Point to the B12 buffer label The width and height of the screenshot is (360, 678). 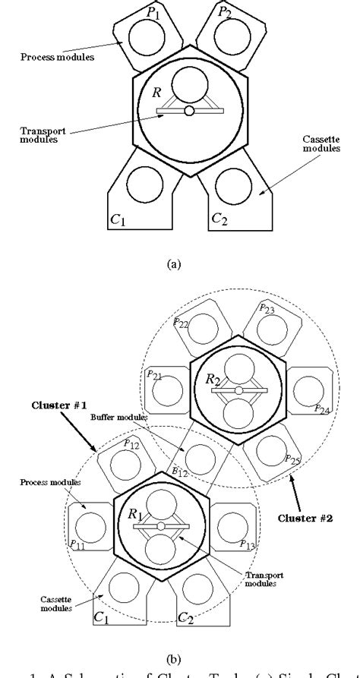point(179,471)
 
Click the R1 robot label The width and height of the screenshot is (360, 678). point(135,514)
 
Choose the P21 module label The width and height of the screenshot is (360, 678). point(153,376)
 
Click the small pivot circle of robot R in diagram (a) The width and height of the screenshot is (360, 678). point(189,112)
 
